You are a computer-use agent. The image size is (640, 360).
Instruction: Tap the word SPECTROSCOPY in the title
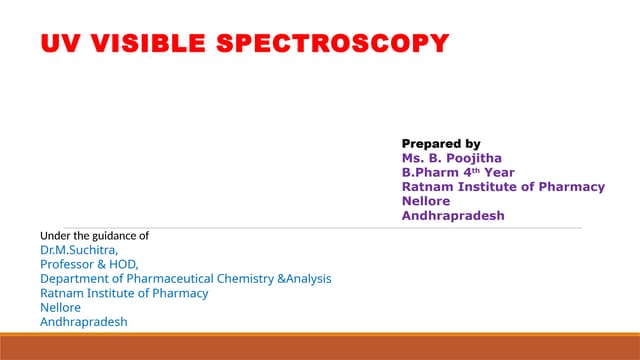(334, 44)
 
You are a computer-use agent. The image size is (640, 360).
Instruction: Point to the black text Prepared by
(441, 144)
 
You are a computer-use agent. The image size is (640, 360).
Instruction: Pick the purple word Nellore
(426, 200)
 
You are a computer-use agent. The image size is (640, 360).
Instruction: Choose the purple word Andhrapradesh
(453, 215)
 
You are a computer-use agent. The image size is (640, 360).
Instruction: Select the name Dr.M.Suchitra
(79, 250)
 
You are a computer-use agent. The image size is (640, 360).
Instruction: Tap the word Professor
(67, 264)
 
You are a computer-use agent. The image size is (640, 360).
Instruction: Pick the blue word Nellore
(59, 307)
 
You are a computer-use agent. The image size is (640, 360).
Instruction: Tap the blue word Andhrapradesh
(84, 322)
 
